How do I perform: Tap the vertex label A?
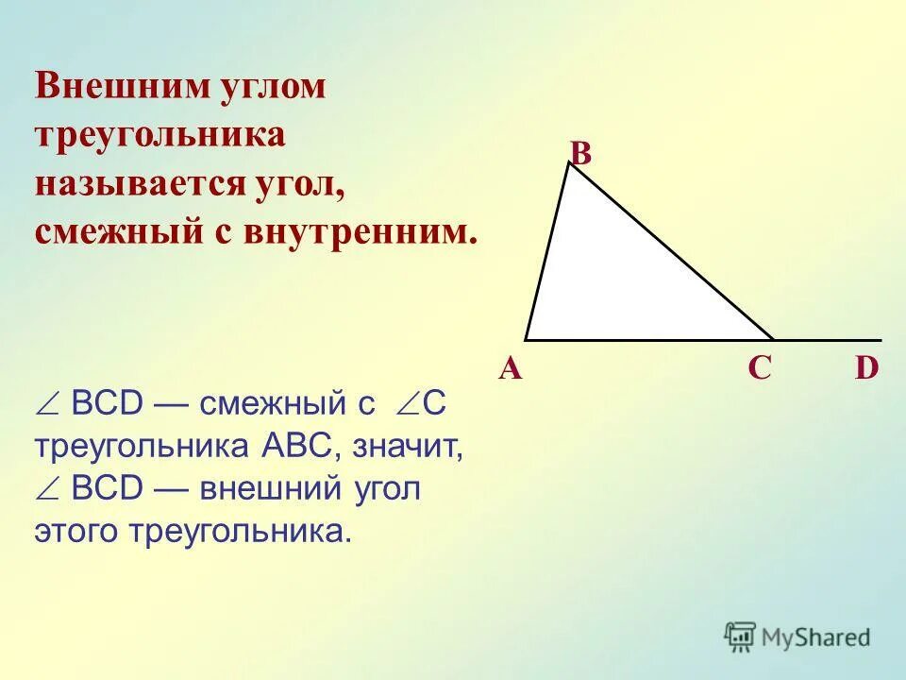[511, 369]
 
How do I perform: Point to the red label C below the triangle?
[760, 369]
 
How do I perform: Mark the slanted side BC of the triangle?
[670, 250]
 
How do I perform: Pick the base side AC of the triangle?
[649, 339]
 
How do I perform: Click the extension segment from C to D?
[828, 339]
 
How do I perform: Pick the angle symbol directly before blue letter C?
[407, 404]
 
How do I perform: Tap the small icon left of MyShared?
[741, 636]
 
